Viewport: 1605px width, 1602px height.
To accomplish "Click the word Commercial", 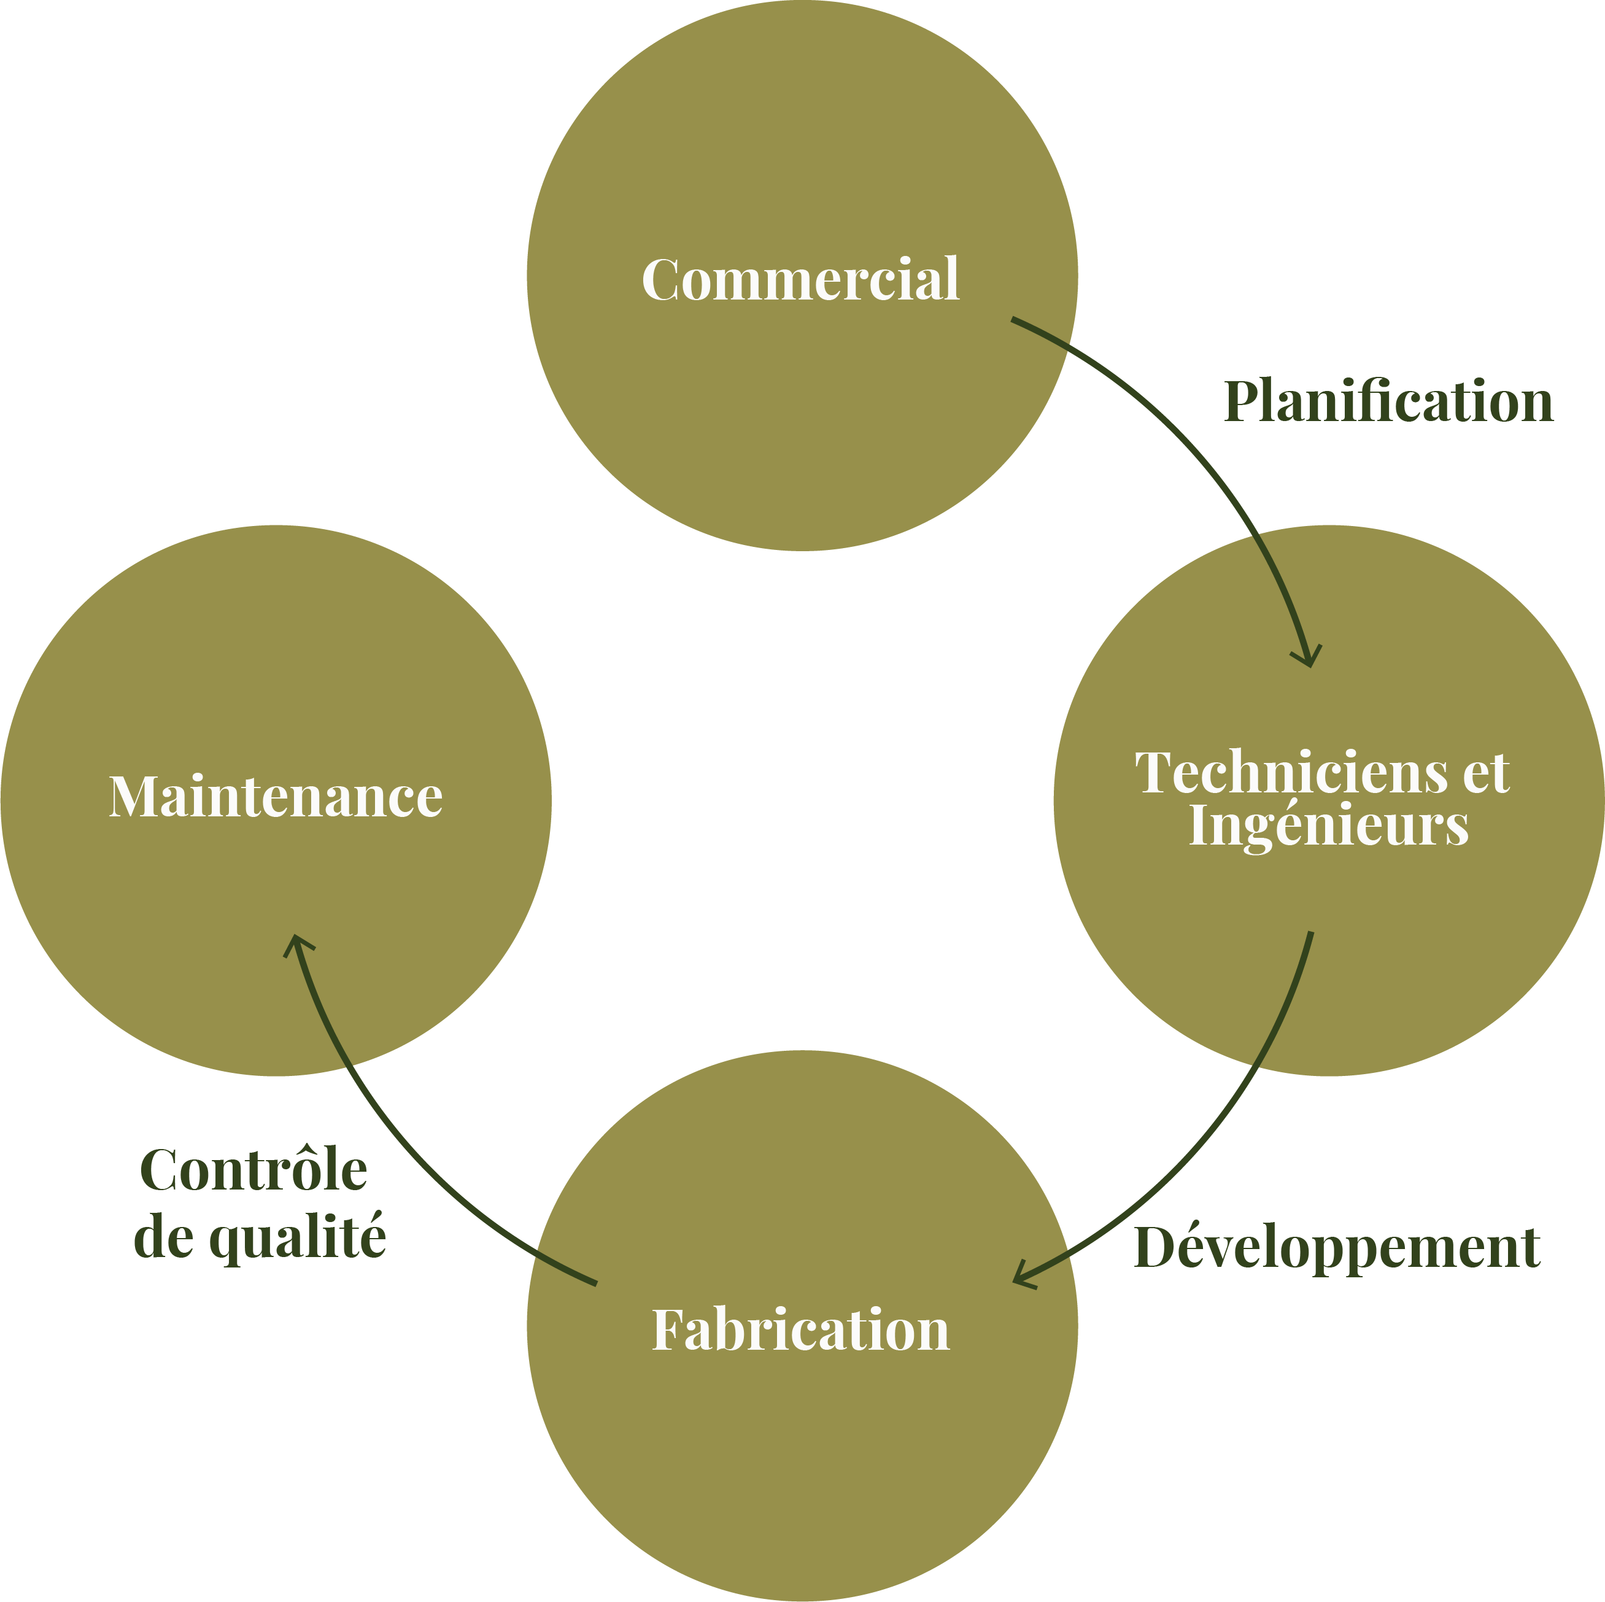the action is coord(801,279).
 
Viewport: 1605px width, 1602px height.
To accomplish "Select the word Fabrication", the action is coord(801,1329).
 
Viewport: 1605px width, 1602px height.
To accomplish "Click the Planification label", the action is coord(1388,402).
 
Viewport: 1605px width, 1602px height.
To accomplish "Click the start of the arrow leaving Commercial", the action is coord(1012,319).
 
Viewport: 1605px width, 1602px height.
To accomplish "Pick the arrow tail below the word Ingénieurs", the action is coord(1311,932).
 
